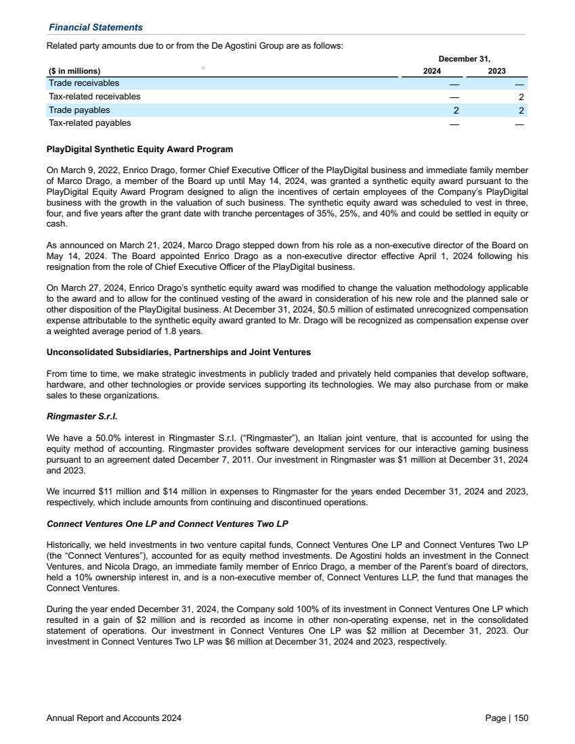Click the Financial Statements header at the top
[95, 27]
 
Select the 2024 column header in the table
[432, 71]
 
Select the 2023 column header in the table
[496, 71]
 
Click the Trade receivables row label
[84, 83]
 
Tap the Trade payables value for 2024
[456, 110]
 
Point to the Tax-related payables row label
[90, 123]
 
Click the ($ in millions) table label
[74, 71]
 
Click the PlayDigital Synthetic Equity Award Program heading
[140, 149]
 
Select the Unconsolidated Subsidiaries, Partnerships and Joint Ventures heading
[178, 352]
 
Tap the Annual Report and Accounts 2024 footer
[114, 718]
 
